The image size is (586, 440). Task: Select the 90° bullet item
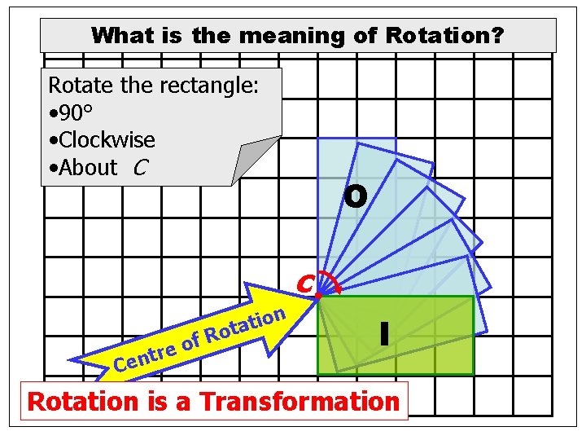pyautogui.click(x=78, y=112)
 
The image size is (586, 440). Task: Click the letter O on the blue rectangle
pyautogui.click(x=355, y=196)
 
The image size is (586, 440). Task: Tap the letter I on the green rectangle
pyautogui.click(x=383, y=332)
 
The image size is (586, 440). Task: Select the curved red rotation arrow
pyautogui.click(x=328, y=282)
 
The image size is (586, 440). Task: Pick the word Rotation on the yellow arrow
pyautogui.click(x=245, y=323)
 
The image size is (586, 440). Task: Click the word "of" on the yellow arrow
pyautogui.click(x=190, y=343)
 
